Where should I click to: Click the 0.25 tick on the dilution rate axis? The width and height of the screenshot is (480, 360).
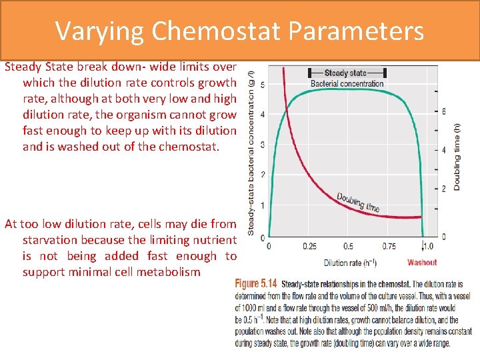tap(309, 246)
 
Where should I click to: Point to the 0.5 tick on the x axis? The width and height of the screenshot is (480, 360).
tap(348, 246)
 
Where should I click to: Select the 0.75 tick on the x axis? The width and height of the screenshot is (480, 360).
tap(389, 246)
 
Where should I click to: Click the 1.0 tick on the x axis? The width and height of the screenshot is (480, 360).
tap(427, 246)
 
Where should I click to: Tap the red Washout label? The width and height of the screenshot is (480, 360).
tap(421, 263)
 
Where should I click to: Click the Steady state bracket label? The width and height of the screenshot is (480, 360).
tap(345, 73)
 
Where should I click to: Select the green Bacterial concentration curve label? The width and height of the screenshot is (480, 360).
tap(347, 83)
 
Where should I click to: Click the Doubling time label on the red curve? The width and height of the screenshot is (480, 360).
tap(358, 202)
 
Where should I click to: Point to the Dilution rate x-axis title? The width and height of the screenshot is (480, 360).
tap(351, 263)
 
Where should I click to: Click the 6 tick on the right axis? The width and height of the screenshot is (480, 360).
tap(444, 111)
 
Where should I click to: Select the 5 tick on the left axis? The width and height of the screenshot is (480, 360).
tap(263, 85)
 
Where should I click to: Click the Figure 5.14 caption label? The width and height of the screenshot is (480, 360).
tap(257, 283)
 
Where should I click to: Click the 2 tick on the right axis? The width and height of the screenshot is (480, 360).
tap(444, 189)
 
